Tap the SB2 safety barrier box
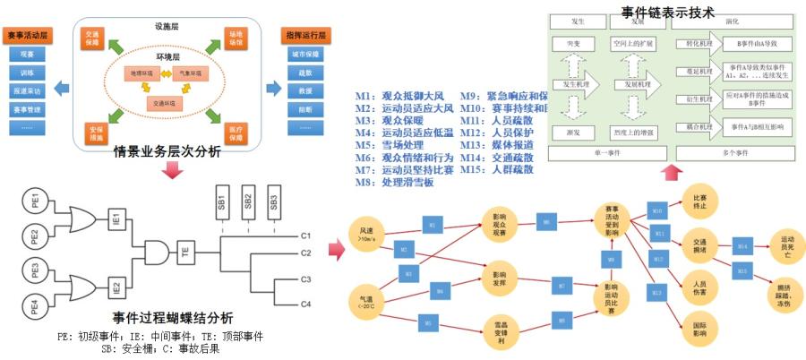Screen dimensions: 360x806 248,201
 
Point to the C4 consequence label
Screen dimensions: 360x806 305,304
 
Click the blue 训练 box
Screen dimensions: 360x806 28,73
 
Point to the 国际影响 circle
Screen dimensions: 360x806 699,326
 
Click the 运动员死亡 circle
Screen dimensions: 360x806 787,243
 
